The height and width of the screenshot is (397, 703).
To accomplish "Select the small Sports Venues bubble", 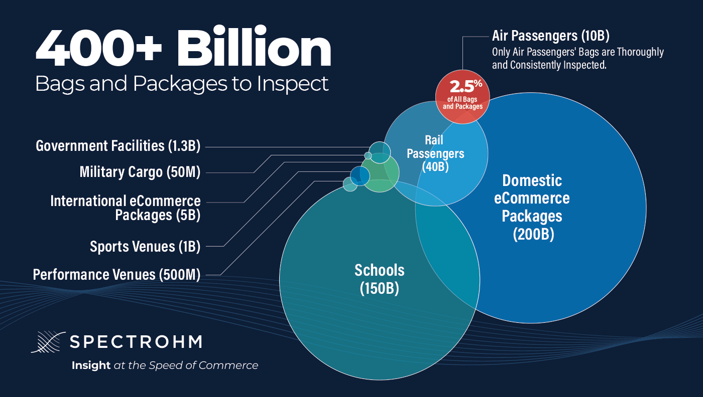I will (360, 175).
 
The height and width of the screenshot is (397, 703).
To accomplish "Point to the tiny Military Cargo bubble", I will (368, 155).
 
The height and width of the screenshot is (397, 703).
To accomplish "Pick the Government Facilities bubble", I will (380, 151).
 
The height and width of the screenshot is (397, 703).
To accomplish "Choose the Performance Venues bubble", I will (350, 184).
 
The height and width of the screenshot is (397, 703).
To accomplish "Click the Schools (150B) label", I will (379, 279).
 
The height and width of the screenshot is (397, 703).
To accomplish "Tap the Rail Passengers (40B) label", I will (435, 152).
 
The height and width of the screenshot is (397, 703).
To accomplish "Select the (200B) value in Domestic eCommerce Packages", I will (533, 234).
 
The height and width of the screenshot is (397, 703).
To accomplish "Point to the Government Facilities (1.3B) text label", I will (118, 146).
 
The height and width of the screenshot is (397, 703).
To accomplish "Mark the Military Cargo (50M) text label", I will (140, 172).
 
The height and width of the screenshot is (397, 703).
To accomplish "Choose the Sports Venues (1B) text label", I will (145, 246).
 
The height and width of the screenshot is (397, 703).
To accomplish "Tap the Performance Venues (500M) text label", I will (116, 275).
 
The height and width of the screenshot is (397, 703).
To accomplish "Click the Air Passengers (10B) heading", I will (550, 36).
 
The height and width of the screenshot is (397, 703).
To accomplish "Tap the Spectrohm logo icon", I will (47, 342).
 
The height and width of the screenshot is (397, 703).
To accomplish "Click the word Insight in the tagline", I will (91, 365).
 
